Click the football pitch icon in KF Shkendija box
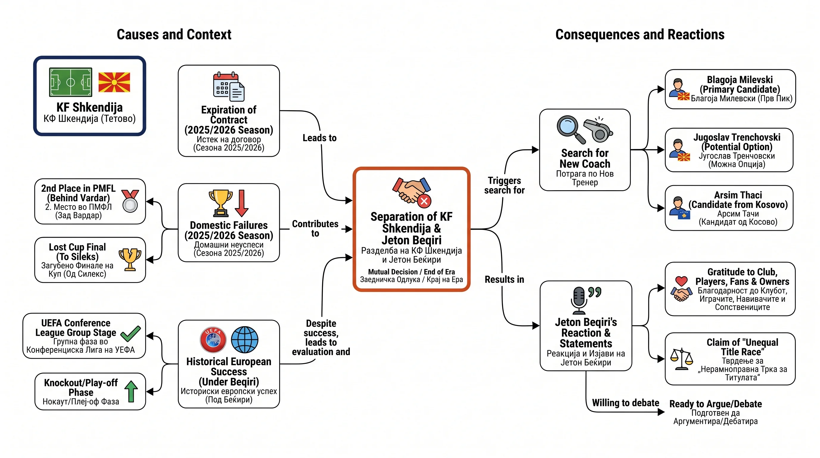click(x=71, y=82)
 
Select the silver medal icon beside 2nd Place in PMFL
click(x=130, y=201)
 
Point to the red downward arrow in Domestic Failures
click(x=242, y=203)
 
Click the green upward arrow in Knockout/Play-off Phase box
click(x=131, y=392)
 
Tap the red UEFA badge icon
click(x=213, y=340)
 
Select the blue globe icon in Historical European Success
click(x=244, y=340)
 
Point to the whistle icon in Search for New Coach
click(x=598, y=130)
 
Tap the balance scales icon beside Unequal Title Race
click(x=681, y=359)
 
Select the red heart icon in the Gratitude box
click(x=681, y=281)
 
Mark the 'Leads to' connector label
click(x=319, y=138)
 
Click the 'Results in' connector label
click(x=504, y=279)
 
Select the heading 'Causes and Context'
click(x=174, y=34)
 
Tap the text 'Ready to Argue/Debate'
click(x=716, y=404)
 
